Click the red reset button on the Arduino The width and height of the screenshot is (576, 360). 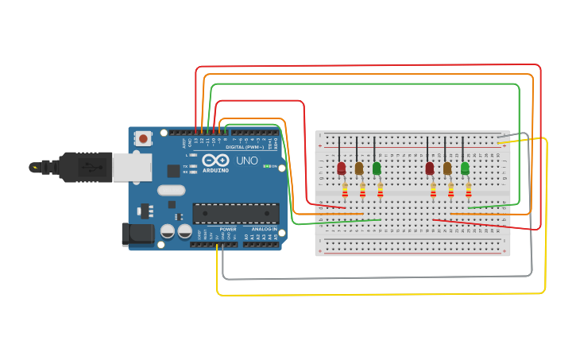(143, 138)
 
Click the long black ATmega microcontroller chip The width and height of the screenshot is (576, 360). (236, 213)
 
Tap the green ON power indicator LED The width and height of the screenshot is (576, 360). (267, 166)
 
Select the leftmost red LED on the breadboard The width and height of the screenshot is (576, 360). (342, 168)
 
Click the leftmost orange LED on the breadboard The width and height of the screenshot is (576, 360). (359, 168)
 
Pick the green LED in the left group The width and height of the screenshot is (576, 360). (377, 168)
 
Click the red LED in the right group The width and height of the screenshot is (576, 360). (430, 168)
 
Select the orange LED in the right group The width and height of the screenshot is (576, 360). (447, 168)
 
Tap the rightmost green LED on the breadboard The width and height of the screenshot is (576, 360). (465, 168)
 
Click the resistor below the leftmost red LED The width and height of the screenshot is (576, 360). (345, 191)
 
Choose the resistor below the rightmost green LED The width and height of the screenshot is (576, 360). (469, 191)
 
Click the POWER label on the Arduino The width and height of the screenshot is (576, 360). (228, 229)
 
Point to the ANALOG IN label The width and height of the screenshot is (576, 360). (262, 229)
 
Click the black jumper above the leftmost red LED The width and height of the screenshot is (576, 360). (339, 148)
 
